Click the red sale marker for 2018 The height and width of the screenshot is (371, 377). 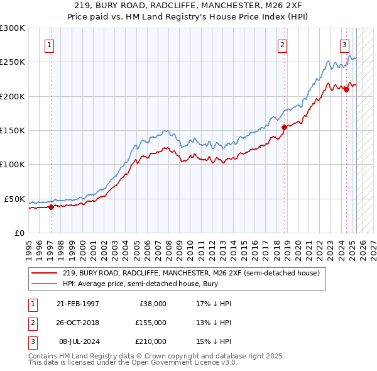284,127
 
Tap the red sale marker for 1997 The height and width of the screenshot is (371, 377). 51,207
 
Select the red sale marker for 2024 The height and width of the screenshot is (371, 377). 346,90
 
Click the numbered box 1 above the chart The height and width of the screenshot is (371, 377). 49,45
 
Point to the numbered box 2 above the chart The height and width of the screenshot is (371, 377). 283,45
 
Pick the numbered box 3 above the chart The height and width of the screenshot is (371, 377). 345,45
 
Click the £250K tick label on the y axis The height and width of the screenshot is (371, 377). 13,62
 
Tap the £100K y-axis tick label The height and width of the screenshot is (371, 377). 13,165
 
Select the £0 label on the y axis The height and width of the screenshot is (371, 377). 19,233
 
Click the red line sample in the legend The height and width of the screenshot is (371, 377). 45,273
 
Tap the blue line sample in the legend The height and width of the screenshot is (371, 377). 45,284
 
